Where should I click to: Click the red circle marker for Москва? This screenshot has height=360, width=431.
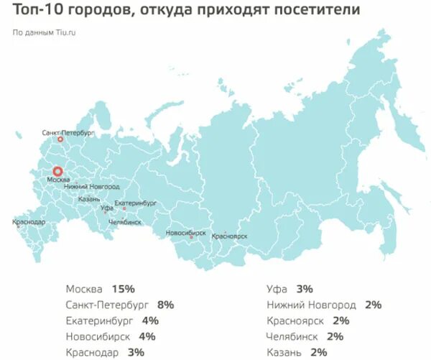point(60,172)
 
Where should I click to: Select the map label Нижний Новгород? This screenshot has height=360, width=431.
point(86,186)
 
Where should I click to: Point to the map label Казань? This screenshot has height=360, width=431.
point(90,198)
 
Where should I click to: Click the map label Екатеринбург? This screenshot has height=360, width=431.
point(135,203)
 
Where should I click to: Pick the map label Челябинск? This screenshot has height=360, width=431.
point(124,223)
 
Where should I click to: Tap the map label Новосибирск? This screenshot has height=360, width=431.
point(185,233)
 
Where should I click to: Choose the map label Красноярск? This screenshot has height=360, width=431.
point(231,236)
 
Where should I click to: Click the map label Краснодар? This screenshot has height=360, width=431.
point(29,222)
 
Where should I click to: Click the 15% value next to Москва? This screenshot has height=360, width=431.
point(123,289)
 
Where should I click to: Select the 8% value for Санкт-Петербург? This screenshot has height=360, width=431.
point(165,305)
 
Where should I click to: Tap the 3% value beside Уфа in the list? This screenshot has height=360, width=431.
point(304,289)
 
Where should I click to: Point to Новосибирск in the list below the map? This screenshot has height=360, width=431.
point(101,336)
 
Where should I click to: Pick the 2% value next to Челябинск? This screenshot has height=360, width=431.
point(335,336)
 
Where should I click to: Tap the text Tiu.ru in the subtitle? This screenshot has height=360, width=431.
point(65,33)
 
